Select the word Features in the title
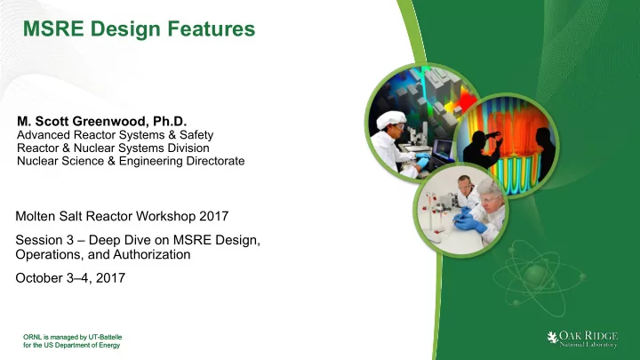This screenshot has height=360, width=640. (212, 29)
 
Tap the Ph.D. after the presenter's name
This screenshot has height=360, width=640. (170, 121)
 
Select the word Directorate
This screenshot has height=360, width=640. (215, 161)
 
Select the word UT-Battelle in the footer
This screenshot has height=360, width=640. (105, 337)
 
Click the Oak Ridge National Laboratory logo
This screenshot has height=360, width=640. (582, 340)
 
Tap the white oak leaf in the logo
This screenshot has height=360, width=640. (553, 338)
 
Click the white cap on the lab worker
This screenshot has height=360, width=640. (391, 119)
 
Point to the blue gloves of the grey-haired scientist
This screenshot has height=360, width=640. (470, 220)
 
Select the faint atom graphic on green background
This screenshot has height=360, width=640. (539, 277)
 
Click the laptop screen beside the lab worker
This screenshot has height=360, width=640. (443, 148)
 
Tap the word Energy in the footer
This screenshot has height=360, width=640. (110, 345)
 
